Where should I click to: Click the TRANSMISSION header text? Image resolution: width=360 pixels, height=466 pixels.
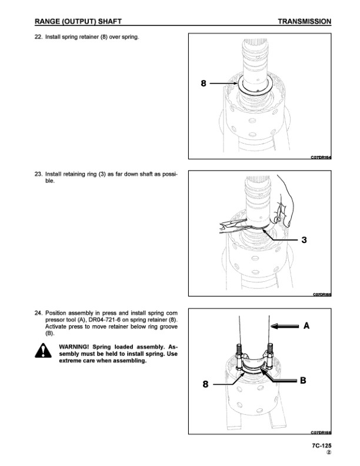click(x=304, y=22)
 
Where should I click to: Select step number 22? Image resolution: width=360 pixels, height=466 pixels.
click(x=38, y=38)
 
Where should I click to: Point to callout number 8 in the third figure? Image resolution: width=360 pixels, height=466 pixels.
click(x=205, y=384)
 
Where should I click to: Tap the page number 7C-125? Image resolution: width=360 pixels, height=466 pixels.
click(x=321, y=447)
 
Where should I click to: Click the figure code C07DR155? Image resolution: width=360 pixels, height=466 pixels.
click(x=321, y=294)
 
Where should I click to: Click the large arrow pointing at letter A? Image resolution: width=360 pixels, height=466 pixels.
click(x=284, y=324)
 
